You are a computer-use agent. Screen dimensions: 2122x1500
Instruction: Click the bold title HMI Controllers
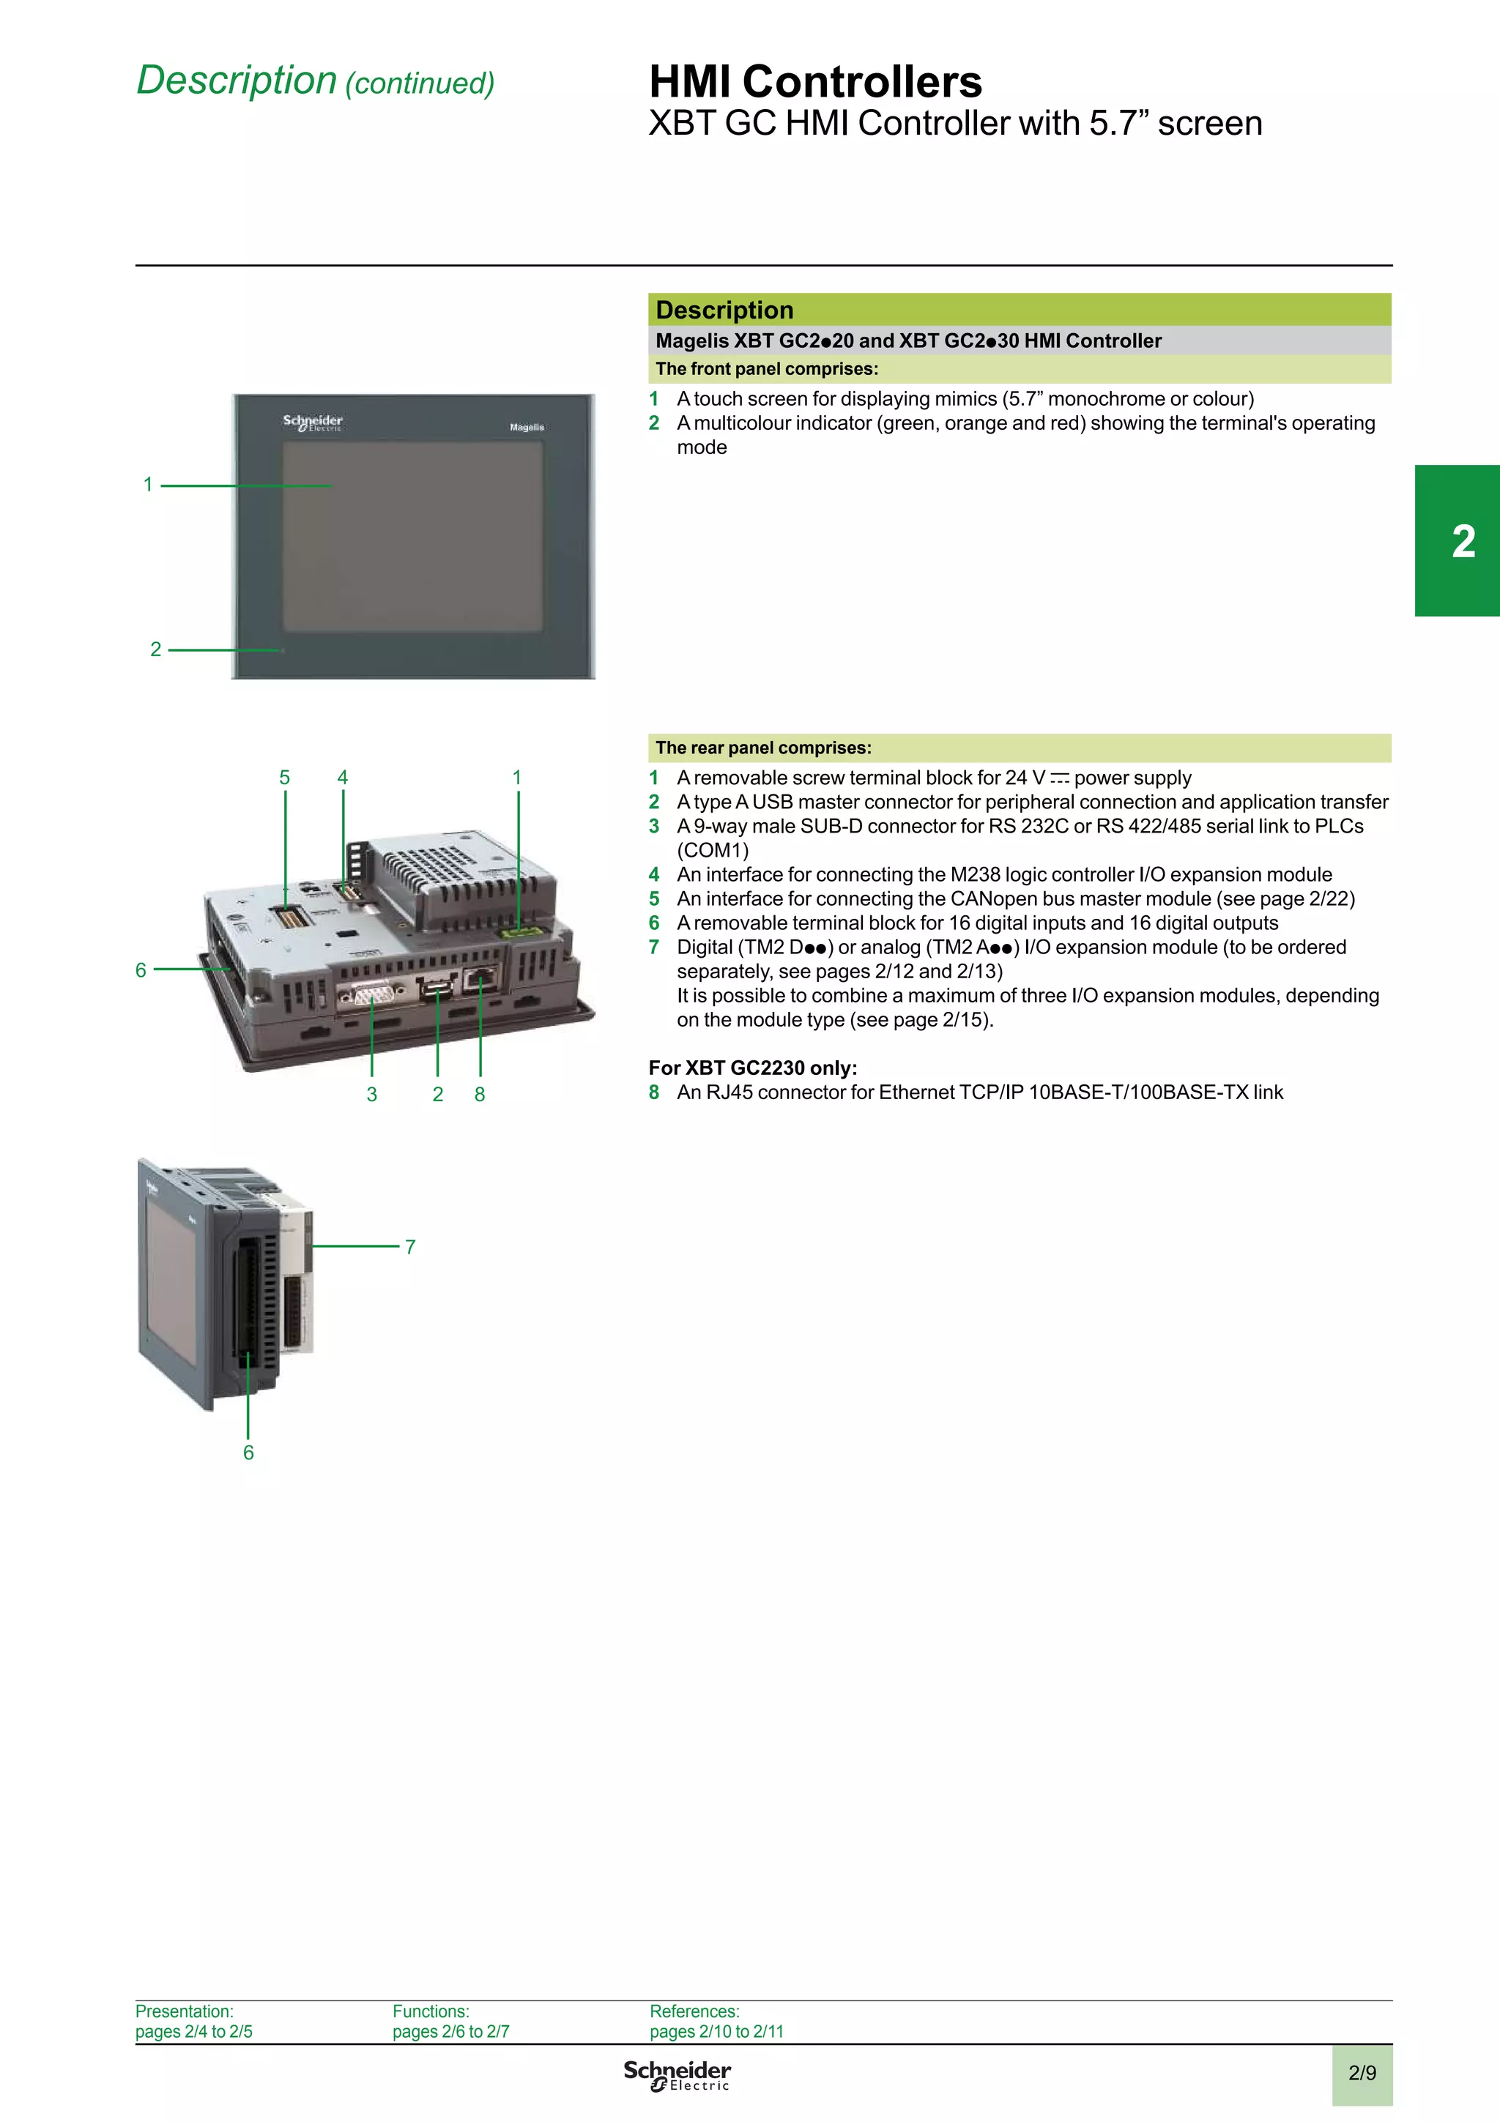coord(814,81)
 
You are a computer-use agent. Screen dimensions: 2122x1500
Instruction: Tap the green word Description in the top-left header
coord(237,81)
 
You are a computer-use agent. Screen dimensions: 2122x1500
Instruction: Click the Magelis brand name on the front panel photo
coord(527,427)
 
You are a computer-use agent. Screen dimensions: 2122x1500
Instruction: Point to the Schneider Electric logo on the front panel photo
coord(313,422)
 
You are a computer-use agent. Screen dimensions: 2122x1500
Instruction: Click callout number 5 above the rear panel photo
coord(285,778)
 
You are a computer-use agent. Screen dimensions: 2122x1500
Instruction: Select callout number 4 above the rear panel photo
coord(343,778)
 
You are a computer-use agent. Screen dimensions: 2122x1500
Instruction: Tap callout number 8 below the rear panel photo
coord(480,1094)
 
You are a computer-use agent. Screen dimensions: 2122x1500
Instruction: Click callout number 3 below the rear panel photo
coord(371,1094)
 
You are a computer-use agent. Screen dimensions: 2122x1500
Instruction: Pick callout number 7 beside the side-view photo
coord(410,1247)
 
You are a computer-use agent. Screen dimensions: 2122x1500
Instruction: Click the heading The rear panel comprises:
coord(762,748)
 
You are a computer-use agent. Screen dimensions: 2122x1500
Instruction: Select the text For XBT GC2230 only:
coord(752,1068)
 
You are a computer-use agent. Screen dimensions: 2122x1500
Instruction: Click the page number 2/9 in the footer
coord(1362,2073)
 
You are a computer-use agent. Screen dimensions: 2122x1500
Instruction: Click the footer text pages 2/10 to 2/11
coord(716,2031)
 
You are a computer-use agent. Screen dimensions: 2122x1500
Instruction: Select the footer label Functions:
coord(431,2011)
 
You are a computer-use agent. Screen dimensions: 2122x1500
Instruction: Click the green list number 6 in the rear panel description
coord(654,923)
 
